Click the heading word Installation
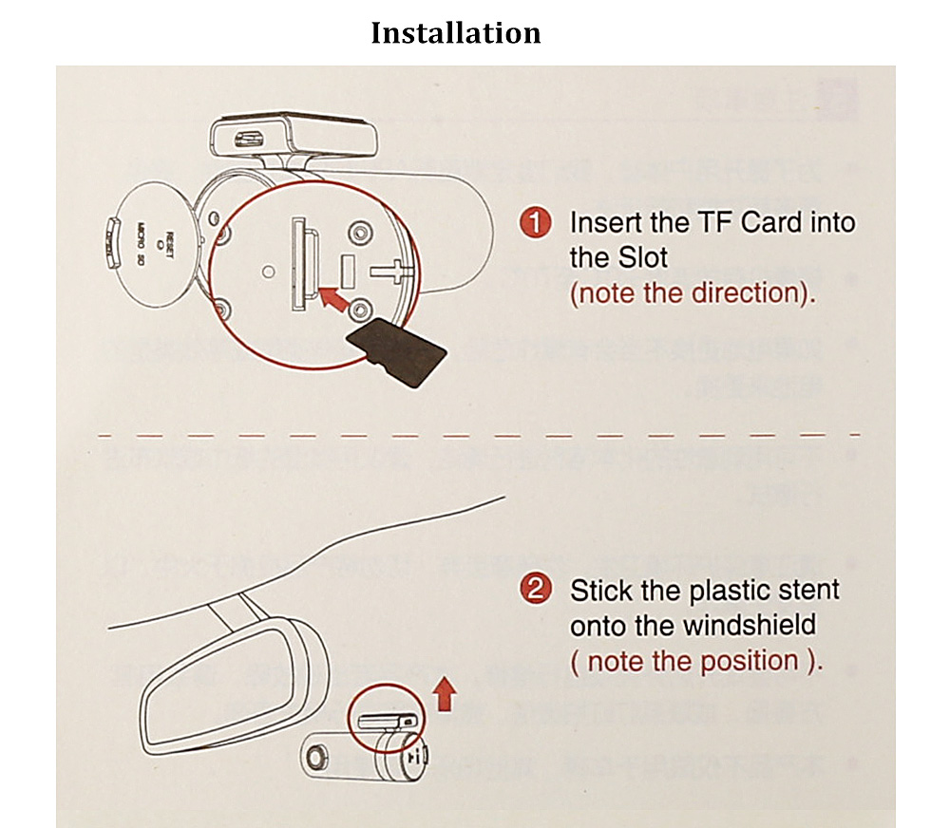(455, 33)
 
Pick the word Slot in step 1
(642, 257)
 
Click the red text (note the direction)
(693, 292)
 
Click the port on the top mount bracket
(250, 138)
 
